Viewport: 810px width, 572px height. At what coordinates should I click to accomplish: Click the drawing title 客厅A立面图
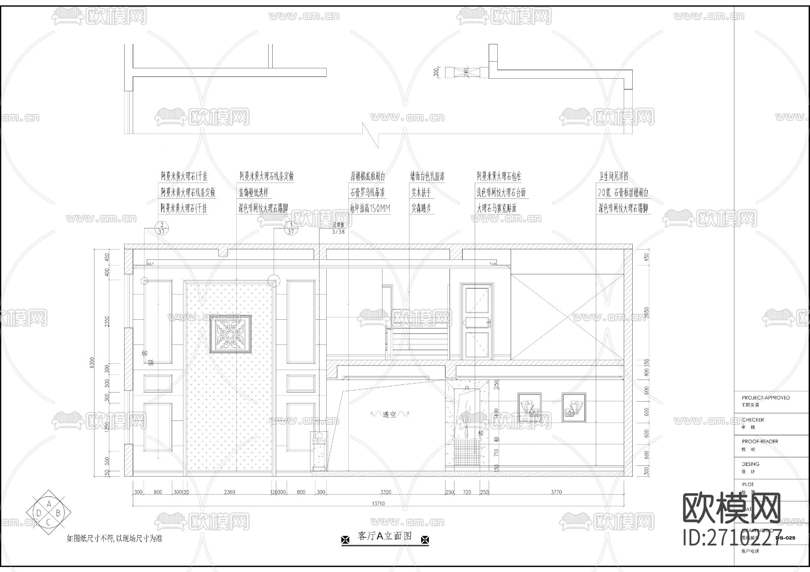(x=385, y=536)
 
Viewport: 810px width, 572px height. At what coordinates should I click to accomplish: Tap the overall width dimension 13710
(x=378, y=504)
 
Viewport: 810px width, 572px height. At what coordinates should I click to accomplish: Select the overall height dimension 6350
(x=92, y=362)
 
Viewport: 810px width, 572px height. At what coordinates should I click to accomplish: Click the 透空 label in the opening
(x=390, y=415)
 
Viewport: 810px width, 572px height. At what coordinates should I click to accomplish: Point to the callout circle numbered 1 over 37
(x=291, y=228)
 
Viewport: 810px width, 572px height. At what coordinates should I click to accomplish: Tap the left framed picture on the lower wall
(x=529, y=407)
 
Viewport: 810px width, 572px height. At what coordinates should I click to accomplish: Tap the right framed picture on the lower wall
(x=574, y=407)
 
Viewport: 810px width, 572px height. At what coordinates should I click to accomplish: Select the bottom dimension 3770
(x=556, y=492)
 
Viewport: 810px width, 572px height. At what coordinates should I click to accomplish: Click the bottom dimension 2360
(x=229, y=492)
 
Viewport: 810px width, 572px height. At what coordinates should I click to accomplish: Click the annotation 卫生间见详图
(x=613, y=176)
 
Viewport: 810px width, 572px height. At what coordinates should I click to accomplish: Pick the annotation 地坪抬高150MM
(x=370, y=208)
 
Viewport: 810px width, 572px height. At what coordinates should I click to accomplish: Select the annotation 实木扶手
(x=421, y=192)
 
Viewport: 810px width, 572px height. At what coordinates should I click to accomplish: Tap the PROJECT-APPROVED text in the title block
(x=765, y=398)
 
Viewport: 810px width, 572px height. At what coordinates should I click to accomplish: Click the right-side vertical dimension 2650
(x=647, y=313)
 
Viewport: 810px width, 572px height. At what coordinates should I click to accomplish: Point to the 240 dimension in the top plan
(x=466, y=72)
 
